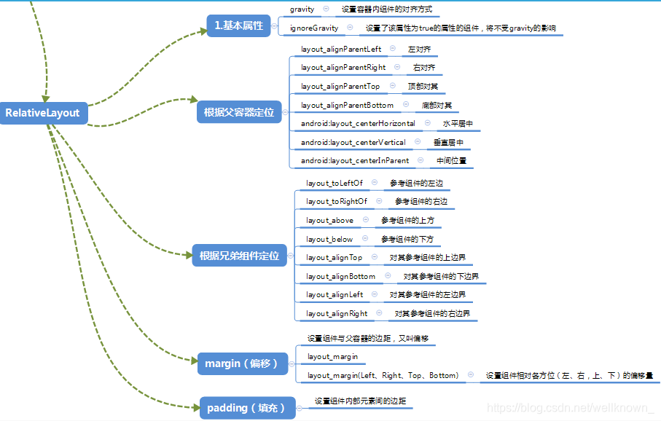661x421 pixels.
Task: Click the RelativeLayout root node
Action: point(42,113)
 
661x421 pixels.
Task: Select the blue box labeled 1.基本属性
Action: point(238,25)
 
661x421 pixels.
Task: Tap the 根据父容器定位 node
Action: point(238,112)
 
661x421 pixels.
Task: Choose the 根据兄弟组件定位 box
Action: point(239,256)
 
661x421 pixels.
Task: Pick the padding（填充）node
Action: point(247,408)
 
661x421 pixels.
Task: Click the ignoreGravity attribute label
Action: point(314,28)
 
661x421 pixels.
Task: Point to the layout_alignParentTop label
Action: point(340,86)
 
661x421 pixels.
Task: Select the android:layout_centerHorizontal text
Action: point(358,124)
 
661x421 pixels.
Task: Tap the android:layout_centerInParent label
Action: point(355,160)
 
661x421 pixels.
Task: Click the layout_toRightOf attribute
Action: point(337,201)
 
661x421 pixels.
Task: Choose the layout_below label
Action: point(329,239)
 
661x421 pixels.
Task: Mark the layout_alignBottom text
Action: point(340,277)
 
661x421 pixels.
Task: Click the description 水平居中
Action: point(458,124)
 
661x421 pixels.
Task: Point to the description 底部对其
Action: point(437,105)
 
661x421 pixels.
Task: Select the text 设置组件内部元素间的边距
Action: point(360,401)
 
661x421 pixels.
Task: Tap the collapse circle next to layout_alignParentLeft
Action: point(393,48)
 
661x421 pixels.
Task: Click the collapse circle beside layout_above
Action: point(365,220)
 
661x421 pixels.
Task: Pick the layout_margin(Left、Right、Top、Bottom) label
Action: point(383,376)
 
